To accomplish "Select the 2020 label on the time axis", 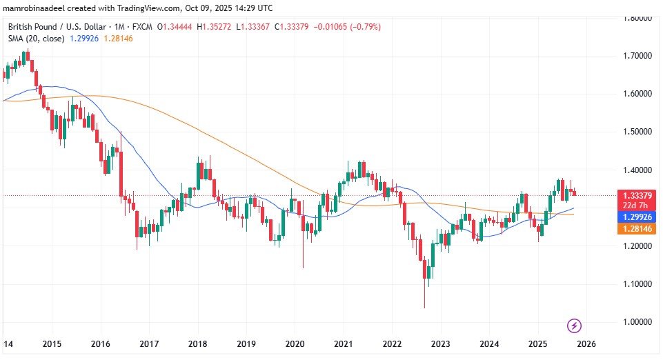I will coord(295,343).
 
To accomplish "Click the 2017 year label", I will coord(150,343).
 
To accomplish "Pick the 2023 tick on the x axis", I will coord(441,343).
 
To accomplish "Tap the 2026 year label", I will coord(586,343).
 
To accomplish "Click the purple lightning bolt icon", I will coord(573,325).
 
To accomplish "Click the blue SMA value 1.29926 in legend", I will coord(83,39).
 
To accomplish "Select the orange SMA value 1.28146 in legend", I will coord(118,39).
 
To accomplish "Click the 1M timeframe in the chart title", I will coord(127,27).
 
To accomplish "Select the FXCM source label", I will coord(146,27).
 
